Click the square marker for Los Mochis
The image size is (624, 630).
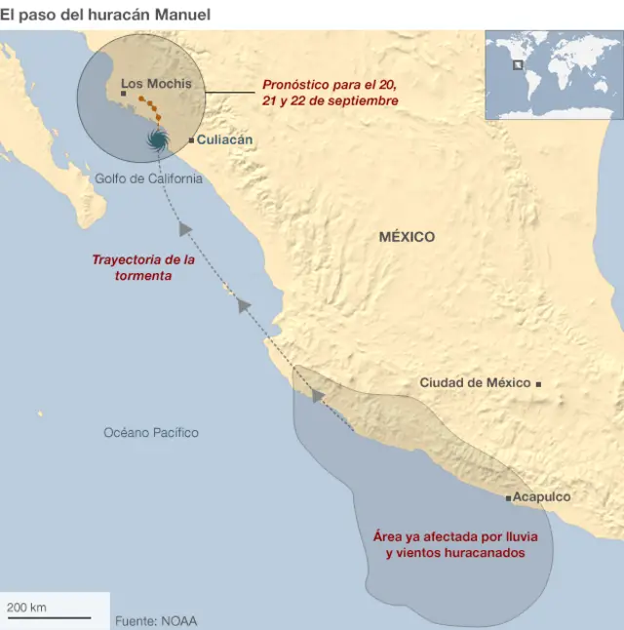(123, 94)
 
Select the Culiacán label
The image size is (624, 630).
(225, 139)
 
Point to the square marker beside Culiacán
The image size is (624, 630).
(191, 140)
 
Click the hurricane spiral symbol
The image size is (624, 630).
(156, 139)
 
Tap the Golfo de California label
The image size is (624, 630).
(149, 178)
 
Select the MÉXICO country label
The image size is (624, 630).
(407, 237)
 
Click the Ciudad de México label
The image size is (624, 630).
(475, 383)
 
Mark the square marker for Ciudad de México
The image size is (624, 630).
(538, 384)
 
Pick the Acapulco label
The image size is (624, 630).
(542, 497)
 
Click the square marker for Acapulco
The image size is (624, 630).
(508, 498)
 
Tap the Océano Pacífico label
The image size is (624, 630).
(151, 432)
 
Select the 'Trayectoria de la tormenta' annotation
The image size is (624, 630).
(143, 267)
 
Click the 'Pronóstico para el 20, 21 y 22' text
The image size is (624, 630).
(330, 93)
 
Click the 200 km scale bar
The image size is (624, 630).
(49, 616)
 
